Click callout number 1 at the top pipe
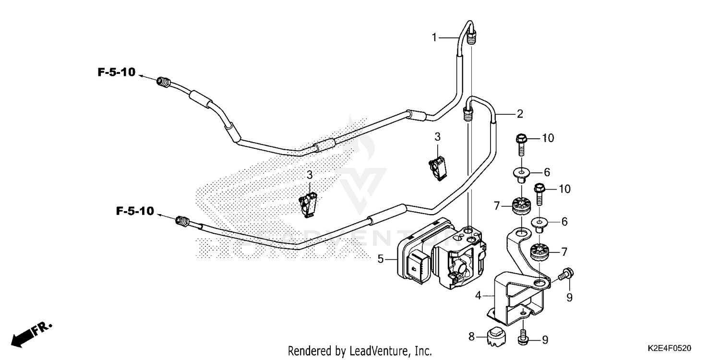(x=434, y=37)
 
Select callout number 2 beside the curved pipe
(x=519, y=114)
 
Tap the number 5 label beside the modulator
(x=380, y=260)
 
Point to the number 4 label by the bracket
(x=478, y=296)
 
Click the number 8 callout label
(x=471, y=337)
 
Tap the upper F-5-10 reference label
(x=117, y=72)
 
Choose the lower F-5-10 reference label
(x=134, y=211)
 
